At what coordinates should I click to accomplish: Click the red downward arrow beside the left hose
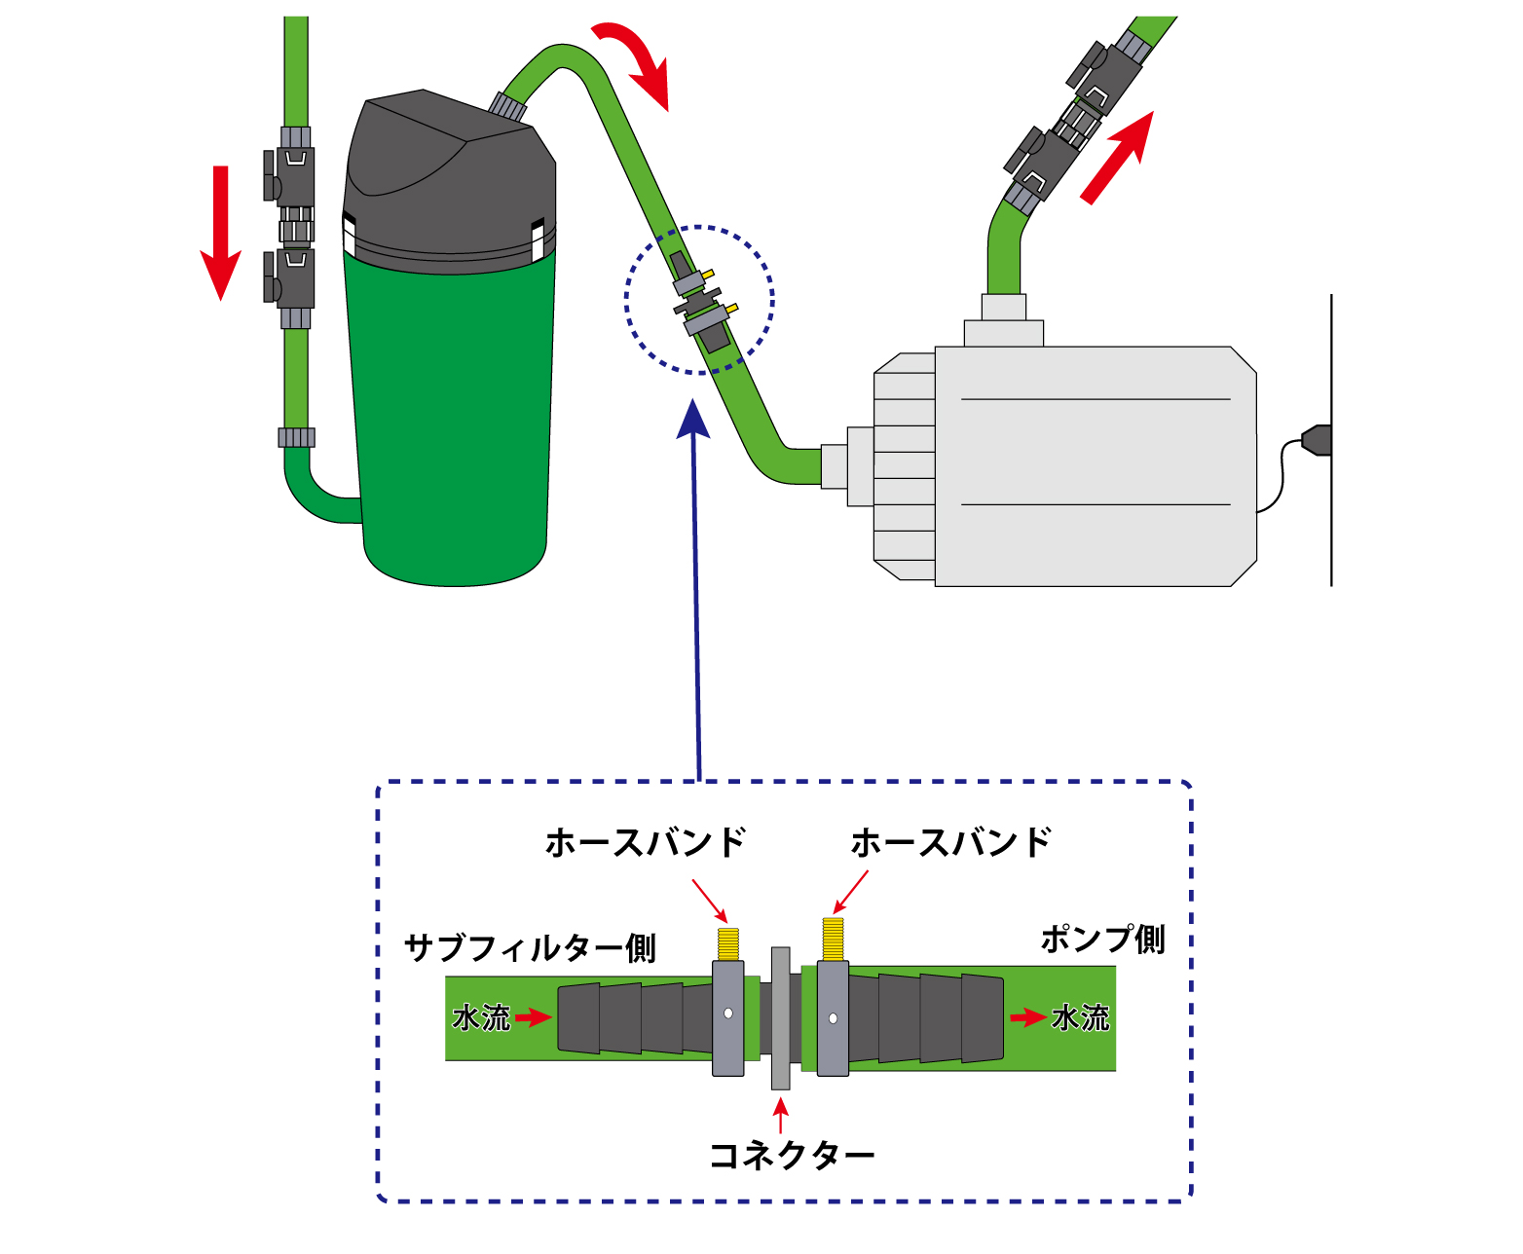tap(221, 234)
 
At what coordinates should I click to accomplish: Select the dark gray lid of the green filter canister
tap(450, 175)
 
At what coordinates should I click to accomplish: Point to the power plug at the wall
tap(1315, 440)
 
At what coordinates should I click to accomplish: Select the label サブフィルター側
tap(530, 947)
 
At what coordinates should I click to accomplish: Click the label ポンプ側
tap(1102, 939)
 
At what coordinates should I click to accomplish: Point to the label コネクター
tap(791, 1156)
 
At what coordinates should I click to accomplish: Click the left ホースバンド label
tap(646, 842)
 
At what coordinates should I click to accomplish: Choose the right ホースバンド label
tap(951, 842)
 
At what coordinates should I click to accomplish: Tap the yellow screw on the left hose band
tap(727, 942)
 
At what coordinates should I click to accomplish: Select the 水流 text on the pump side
tap(1080, 1017)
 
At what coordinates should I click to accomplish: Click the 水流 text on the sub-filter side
tap(481, 1017)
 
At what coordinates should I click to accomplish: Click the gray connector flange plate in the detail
tap(780, 1018)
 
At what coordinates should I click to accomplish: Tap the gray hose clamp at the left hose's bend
tap(296, 437)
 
